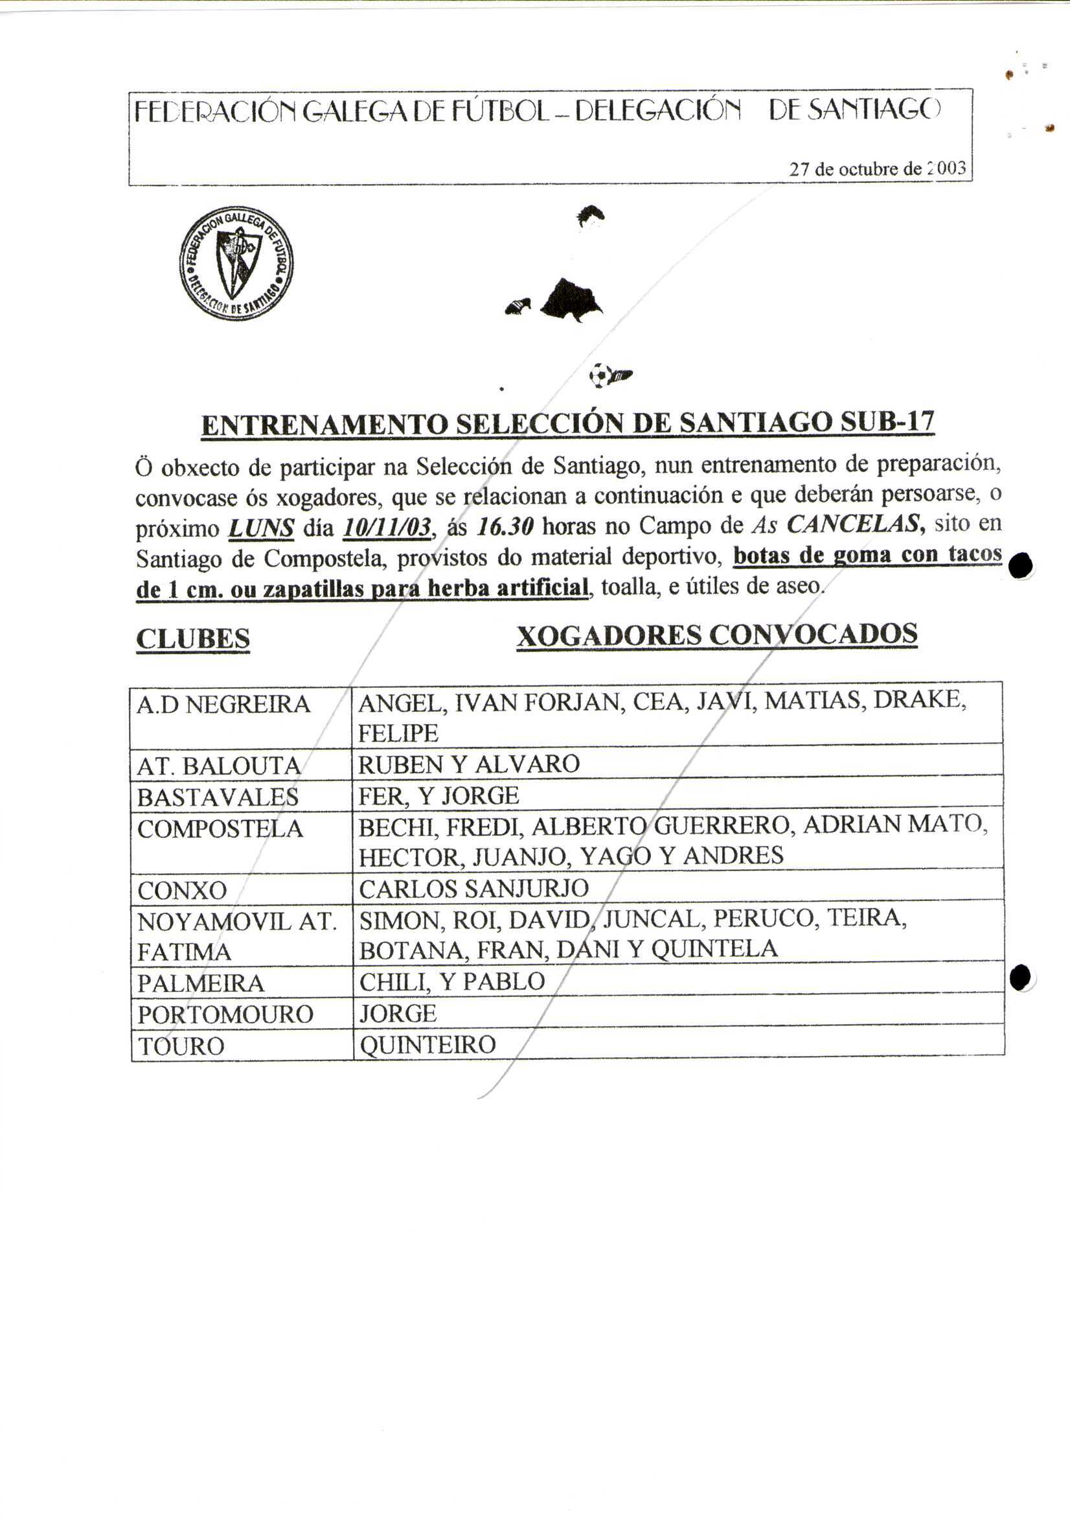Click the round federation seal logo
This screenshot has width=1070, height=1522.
coord(236,263)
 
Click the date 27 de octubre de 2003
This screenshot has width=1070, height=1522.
coord(877,169)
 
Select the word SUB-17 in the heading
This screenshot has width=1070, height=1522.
coord(887,422)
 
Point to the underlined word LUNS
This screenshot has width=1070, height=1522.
coord(261,528)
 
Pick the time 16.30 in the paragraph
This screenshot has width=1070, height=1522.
coord(505,527)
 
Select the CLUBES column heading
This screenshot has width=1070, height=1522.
coord(193,639)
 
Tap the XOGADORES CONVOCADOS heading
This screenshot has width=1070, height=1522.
coord(717,635)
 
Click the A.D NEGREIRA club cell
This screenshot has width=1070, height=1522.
coord(224,704)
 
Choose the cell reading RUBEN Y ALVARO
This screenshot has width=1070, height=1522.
coord(469,764)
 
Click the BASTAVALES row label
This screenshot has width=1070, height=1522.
coord(218,797)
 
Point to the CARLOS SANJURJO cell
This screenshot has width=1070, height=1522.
coord(473,888)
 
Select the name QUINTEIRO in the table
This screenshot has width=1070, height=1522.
coord(428,1045)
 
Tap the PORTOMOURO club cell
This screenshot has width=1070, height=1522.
coord(225,1014)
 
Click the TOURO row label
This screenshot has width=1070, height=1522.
coord(181,1046)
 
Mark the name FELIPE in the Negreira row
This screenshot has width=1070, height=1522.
coord(398,733)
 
